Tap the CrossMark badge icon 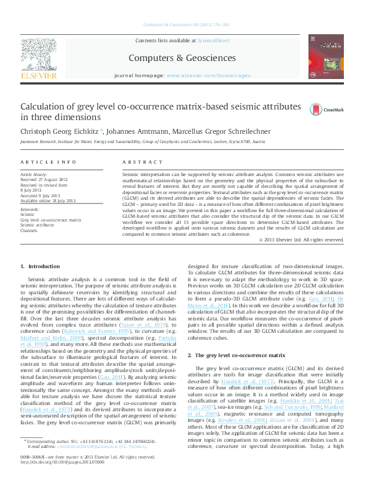click(317, 109)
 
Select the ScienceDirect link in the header click(213, 40)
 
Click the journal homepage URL click(208, 75)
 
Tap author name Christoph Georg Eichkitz click(59, 131)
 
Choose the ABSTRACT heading click(138, 162)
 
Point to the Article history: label click(35, 175)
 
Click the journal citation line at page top click(186, 26)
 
